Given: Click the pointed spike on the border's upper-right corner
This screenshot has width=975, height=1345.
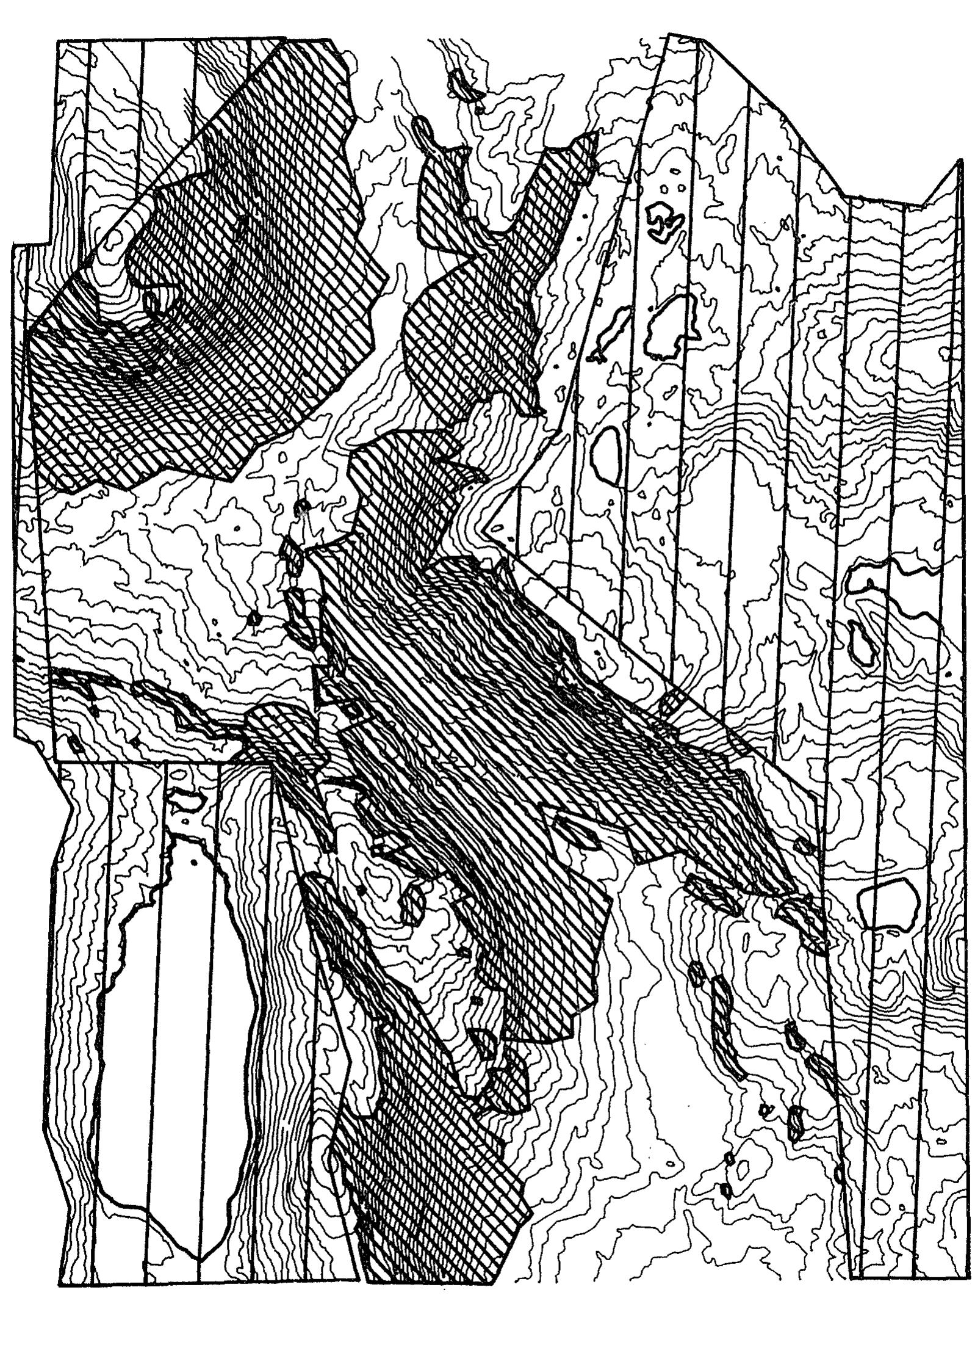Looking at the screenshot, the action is click(x=960, y=161).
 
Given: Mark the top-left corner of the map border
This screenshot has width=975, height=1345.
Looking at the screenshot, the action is click(x=56, y=42).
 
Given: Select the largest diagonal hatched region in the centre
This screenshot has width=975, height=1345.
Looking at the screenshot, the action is click(x=519, y=733).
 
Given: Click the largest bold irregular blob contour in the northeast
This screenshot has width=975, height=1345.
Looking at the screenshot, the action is click(x=671, y=324).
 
